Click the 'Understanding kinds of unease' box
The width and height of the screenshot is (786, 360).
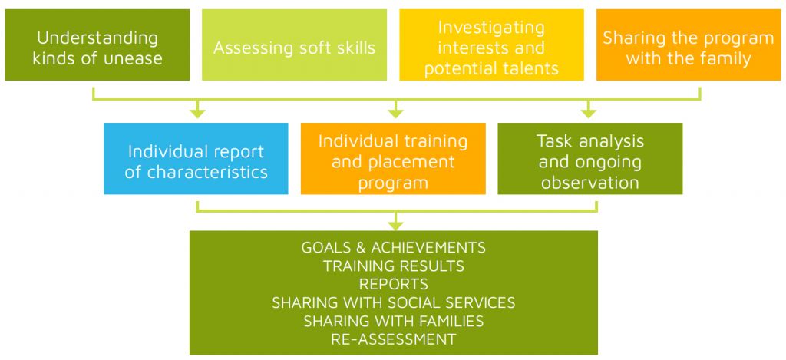coord(97,45)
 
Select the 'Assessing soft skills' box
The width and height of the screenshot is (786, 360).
coord(294,45)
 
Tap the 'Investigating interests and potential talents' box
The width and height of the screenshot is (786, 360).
coord(492,45)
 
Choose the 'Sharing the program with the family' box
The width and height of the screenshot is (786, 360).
coord(689,45)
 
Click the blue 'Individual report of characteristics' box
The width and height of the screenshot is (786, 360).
coord(196,158)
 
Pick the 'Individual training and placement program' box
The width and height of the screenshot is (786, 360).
coord(393,158)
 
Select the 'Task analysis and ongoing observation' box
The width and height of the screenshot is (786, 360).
coord(590,158)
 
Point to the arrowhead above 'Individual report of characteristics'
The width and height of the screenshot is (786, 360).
coord(198,114)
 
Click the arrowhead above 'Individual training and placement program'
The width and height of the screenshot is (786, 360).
coord(395,114)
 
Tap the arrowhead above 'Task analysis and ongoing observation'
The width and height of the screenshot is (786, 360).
coord(589,114)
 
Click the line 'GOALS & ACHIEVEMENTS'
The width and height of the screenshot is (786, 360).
coord(394,247)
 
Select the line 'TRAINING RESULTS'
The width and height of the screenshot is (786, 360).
coord(394,266)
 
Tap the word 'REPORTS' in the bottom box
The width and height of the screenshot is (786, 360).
coord(394,284)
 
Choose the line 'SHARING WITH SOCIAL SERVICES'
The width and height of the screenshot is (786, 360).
coord(394,302)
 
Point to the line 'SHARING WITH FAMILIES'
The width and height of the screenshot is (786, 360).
coord(394,321)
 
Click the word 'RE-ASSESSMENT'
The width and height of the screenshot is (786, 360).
coord(394,339)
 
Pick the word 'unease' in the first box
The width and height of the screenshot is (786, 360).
coord(132,58)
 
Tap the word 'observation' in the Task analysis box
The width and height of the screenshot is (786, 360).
coord(590,183)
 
